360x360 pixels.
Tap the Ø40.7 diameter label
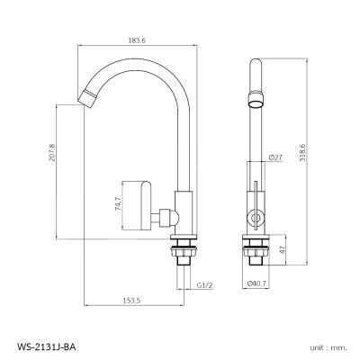point(258,283)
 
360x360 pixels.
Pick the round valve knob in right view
point(253,217)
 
